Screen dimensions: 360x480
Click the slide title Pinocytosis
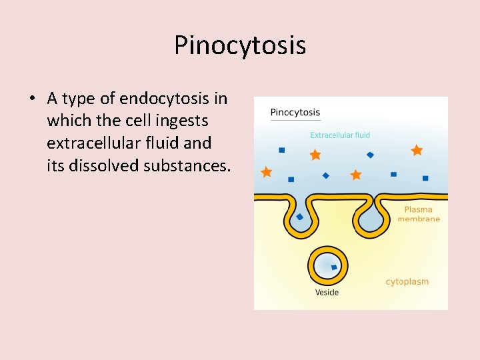click(x=240, y=45)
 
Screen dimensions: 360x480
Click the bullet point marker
click(x=32, y=99)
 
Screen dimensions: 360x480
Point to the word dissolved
click(x=102, y=165)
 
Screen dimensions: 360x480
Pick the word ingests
click(x=183, y=121)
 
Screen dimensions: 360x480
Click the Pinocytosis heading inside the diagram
click(x=295, y=112)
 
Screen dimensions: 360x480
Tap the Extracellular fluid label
click(x=340, y=135)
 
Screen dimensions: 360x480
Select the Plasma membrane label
click(x=419, y=214)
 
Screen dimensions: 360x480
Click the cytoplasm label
click(x=407, y=281)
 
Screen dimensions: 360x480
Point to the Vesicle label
click(x=327, y=293)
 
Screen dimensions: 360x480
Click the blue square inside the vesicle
click(x=334, y=267)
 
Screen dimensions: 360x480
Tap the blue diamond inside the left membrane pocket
click(x=300, y=217)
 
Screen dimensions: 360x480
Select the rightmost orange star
click(x=417, y=151)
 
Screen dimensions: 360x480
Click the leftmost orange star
click(x=267, y=172)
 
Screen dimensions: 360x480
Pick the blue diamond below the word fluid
click(x=370, y=155)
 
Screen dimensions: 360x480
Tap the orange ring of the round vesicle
click(x=311, y=267)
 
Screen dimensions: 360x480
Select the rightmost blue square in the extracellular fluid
click(x=425, y=178)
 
